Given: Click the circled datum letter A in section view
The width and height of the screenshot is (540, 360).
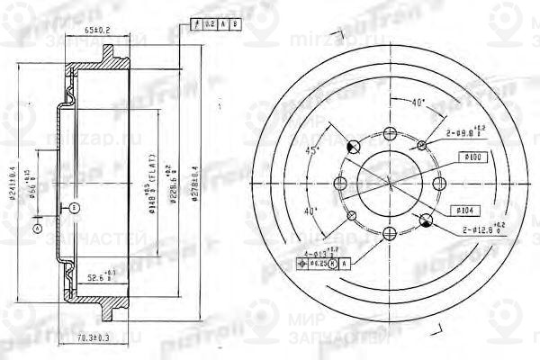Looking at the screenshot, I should [37, 229].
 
